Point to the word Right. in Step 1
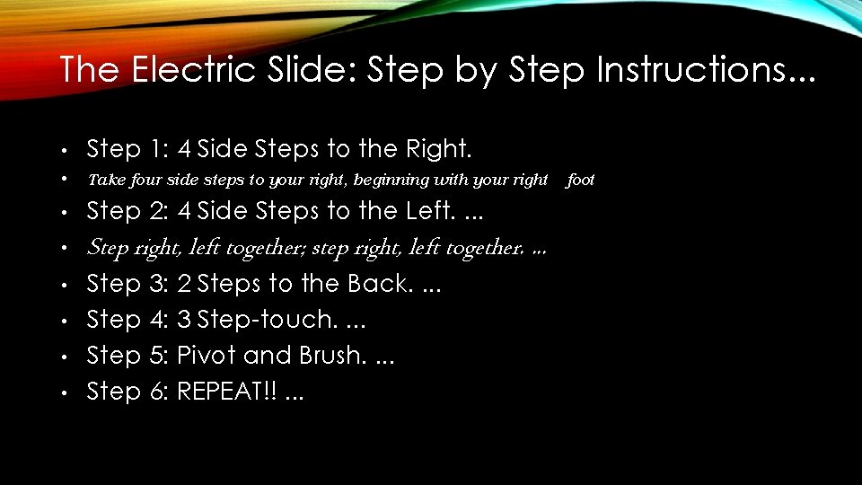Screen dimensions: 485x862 pyautogui.click(x=439, y=148)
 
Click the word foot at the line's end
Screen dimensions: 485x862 pyautogui.click(x=581, y=180)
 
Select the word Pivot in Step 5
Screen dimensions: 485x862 pyautogui.click(x=207, y=356)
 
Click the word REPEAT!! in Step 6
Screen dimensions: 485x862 pyautogui.click(x=225, y=392)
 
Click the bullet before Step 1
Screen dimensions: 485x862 pyautogui.click(x=65, y=150)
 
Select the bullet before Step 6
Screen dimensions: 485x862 pyautogui.click(x=65, y=393)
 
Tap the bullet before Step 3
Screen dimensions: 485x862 pyautogui.click(x=65, y=286)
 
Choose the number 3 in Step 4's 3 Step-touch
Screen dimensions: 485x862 pyautogui.click(x=184, y=320)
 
